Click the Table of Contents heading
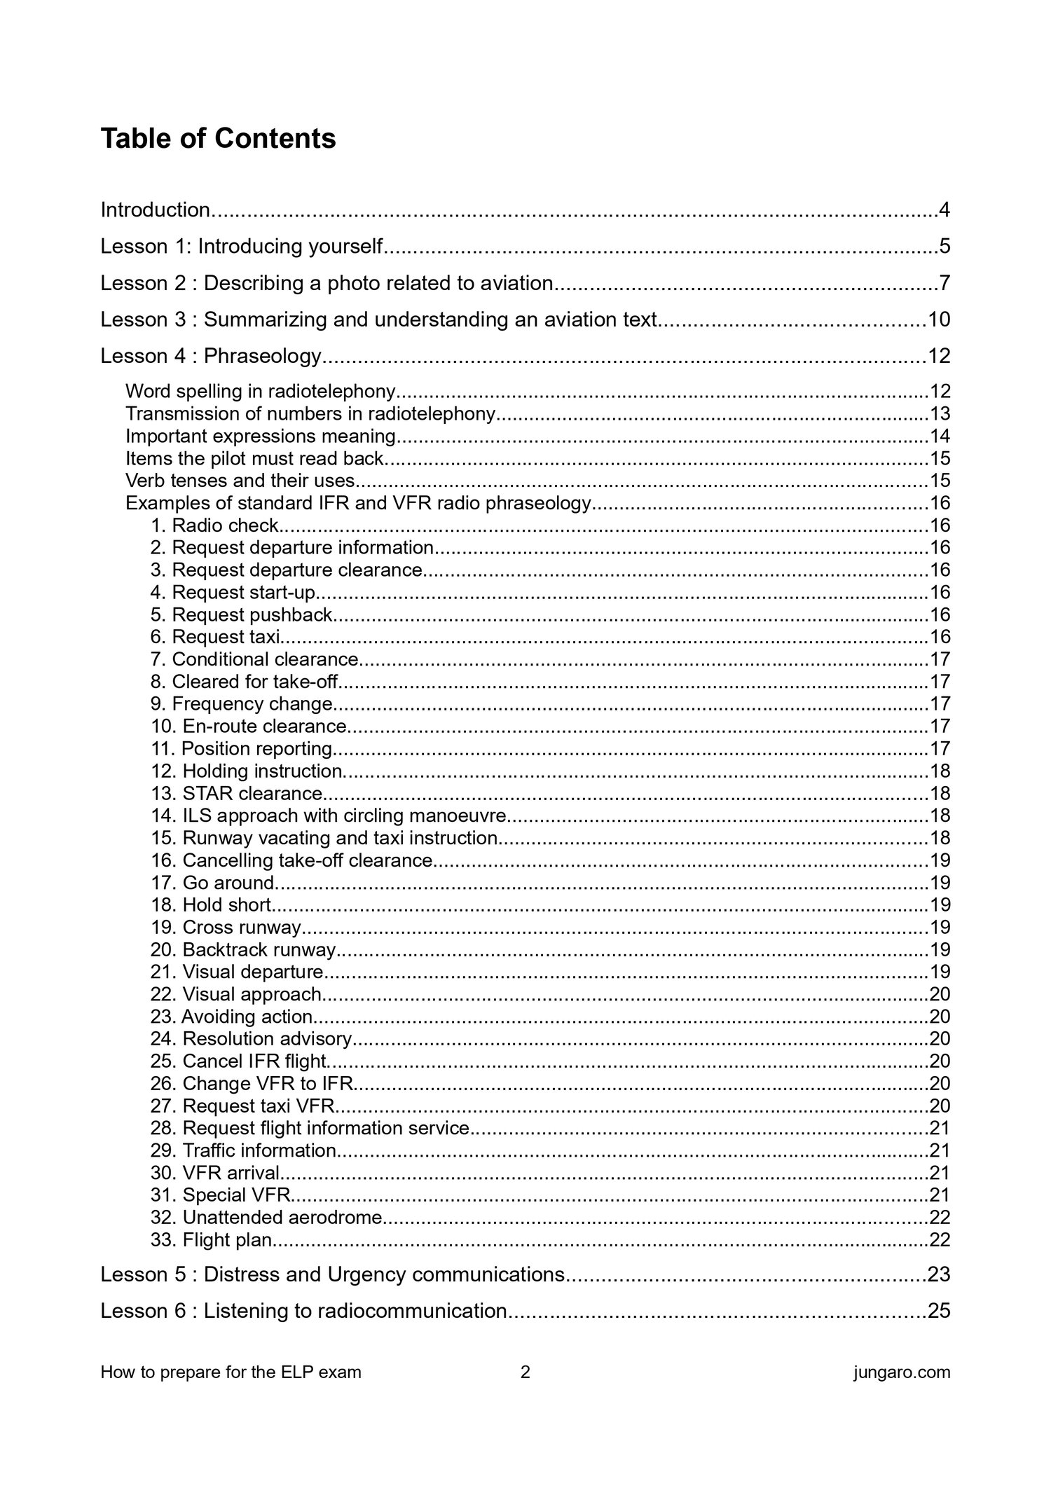click(x=218, y=139)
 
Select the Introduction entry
click(x=156, y=209)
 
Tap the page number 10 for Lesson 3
click(x=939, y=319)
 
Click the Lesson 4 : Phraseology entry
click(x=211, y=356)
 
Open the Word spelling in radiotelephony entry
click(x=261, y=391)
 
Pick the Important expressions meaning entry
click(x=261, y=436)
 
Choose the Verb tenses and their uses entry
click(x=240, y=481)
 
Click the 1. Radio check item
click(x=215, y=525)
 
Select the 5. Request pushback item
click(x=241, y=614)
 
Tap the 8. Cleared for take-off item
click(x=245, y=682)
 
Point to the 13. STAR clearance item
click(x=237, y=793)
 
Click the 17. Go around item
click(x=213, y=883)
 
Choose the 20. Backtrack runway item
click(x=243, y=950)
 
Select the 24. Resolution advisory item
click(x=251, y=1039)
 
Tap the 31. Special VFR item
click(x=220, y=1195)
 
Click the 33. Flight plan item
click(x=211, y=1240)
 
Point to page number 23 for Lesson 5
click(x=939, y=1274)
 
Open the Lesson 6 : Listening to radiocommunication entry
click(x=303, y=1311)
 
